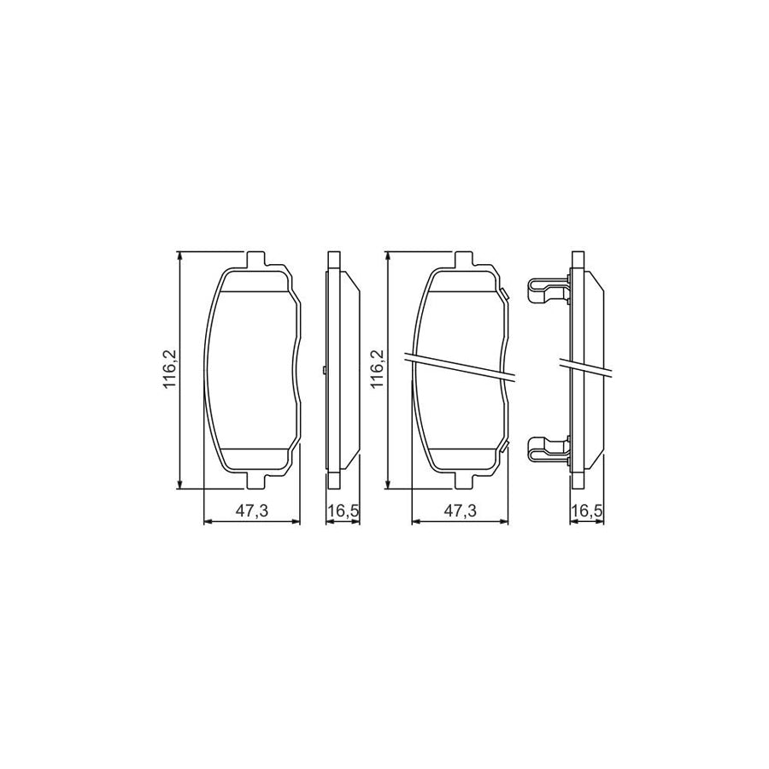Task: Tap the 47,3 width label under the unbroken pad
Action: point(252,511)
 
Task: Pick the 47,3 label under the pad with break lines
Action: point(460,511)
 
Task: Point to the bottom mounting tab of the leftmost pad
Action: point(253,478)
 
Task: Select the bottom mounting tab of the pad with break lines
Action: point(461,478)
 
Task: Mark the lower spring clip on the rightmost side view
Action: point(547,447)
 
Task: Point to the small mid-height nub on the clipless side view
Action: point(327,369)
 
